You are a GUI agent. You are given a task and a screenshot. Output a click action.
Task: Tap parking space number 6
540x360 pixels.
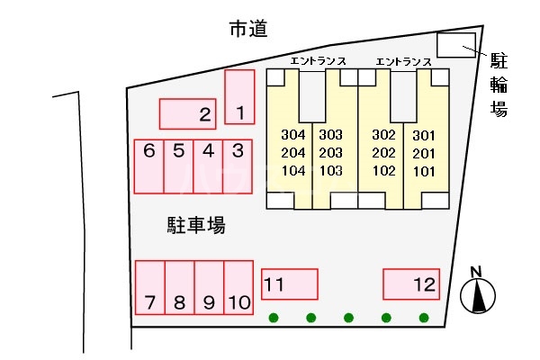pos(149,166)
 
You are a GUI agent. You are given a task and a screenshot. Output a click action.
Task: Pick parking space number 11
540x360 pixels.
pos(289,283)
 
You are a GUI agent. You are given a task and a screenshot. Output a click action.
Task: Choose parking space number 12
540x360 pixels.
pos(411,283)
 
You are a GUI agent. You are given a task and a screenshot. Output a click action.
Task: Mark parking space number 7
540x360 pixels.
pos(149,287)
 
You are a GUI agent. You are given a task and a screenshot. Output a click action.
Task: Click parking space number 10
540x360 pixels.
pos(238,287)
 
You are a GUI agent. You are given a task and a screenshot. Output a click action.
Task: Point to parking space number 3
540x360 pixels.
pos(238,166)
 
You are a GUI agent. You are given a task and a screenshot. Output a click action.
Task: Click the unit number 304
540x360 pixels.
pos(293,135)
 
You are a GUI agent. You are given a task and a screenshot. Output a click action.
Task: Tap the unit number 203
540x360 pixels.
pos(330,153)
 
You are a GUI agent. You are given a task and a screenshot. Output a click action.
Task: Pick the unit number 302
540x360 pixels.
pos(384,135)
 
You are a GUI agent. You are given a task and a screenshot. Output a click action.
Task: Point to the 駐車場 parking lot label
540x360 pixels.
pos(194,225)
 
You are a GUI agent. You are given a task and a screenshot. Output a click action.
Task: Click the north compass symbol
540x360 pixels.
pos(478,293)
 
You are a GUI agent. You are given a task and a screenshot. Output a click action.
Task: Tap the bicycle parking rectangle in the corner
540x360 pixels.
pos(455,45)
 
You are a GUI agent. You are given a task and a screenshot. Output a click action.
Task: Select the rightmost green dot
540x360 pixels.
pos(424,317)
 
